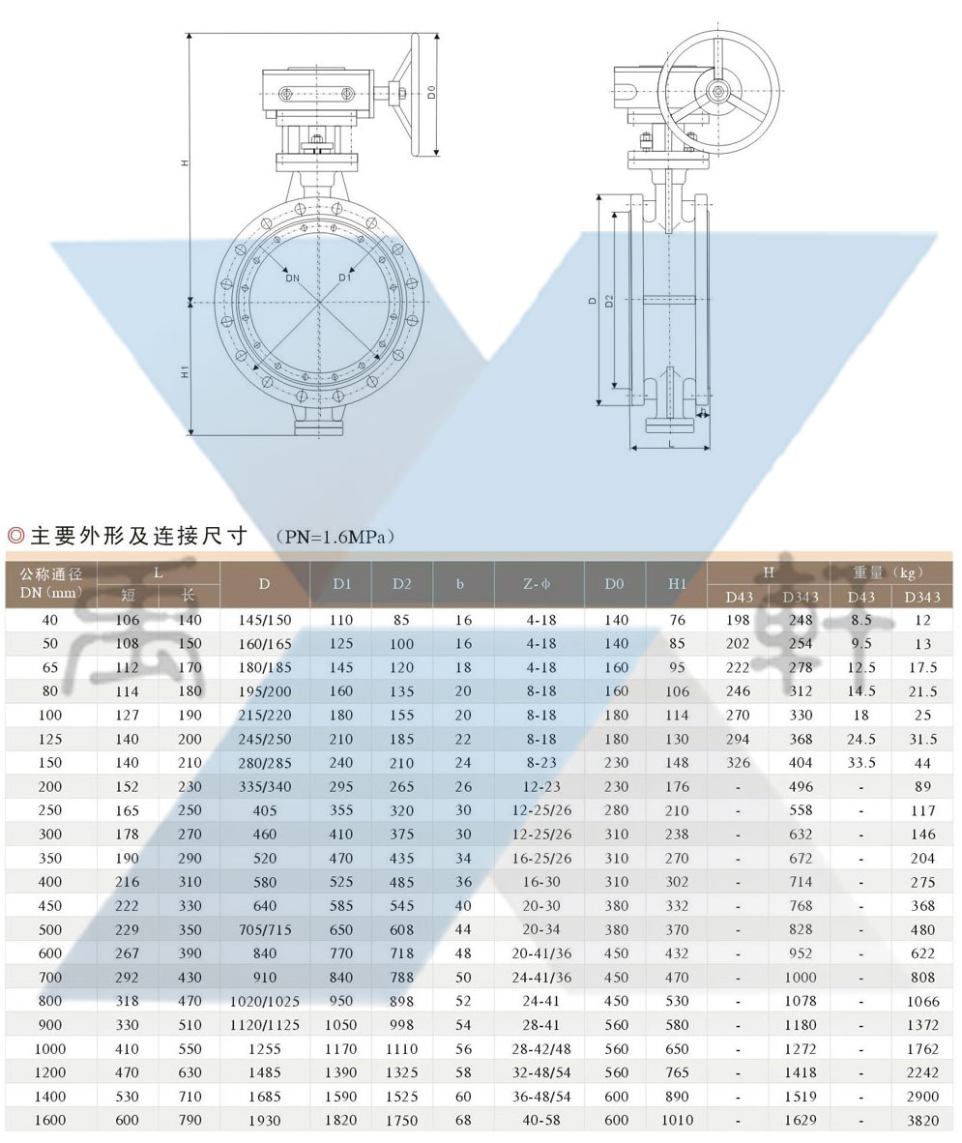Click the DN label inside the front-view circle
[292, 278]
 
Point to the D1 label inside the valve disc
[344, 278]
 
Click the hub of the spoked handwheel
[718, 92]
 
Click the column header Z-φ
[539, 584]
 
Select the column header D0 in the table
[615, 584]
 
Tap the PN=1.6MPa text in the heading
[335, 536]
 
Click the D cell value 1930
[264, 1120]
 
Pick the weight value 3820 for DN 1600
[922, 1120]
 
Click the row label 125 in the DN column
[50, 739]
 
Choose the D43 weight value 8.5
[860, 620]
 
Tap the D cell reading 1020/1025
[264, 1001]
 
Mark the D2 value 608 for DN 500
[402, 929]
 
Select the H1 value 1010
[677, 1120]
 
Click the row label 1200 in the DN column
[50, 1072]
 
